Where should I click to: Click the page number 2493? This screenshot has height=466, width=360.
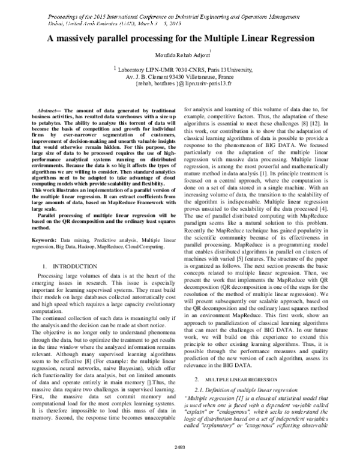(x=180, y=447)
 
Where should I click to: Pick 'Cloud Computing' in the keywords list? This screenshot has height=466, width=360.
(x=145, y=229)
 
